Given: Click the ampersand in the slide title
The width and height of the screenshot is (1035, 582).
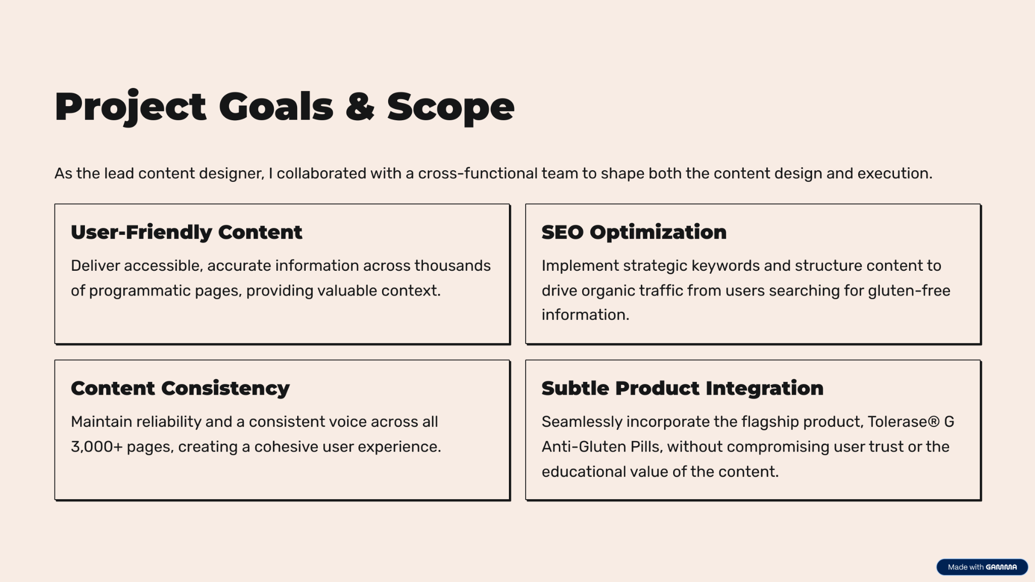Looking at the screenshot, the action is [360, 107].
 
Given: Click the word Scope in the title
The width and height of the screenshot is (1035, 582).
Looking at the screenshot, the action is [451, 108].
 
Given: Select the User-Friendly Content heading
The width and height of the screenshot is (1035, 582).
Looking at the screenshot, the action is [186, 232].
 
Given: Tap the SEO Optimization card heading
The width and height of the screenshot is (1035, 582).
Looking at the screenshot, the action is [634, 232].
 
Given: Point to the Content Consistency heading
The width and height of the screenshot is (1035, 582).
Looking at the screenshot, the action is [180, 389].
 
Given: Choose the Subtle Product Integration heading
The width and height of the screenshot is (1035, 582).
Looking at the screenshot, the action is [683, 388].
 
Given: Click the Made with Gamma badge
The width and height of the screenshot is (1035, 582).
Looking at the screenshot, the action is [982, 567].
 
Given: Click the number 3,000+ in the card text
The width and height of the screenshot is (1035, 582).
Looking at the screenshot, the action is [97, 447].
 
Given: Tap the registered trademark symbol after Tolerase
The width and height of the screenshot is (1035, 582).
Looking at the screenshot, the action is [933, 422].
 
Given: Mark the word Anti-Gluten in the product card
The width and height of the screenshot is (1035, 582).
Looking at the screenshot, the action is [584, 447].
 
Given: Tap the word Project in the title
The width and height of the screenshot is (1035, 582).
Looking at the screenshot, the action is [130, 107].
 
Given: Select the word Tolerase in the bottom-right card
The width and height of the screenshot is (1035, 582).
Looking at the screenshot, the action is [898, 422].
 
